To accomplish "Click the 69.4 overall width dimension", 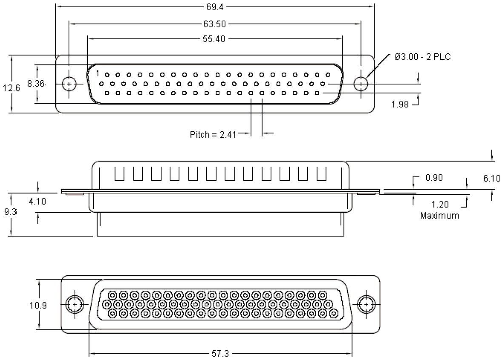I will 214,6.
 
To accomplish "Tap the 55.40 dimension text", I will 214,39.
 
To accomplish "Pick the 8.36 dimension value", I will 36,84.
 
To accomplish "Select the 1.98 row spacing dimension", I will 400,104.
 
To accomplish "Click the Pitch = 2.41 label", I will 212,135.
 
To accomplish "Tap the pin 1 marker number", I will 97,73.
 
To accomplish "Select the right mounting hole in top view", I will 361,84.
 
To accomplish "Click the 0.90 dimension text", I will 434,178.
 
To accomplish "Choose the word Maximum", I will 439,215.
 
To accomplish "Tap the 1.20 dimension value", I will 440,204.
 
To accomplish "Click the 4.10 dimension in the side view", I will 37,201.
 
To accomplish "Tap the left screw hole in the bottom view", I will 75,305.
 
